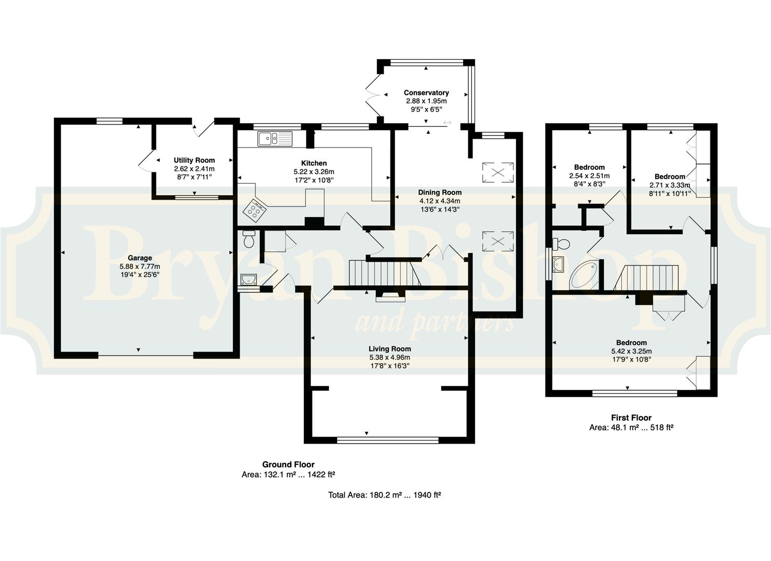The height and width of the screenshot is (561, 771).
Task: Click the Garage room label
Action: click(140, 258)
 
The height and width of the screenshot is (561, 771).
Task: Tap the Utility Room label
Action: click(194, 160)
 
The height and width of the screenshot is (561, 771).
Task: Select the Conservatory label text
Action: click(426, 92)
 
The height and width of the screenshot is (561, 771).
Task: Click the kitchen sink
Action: click(275, 139)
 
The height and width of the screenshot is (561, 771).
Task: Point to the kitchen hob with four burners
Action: click(255, 210)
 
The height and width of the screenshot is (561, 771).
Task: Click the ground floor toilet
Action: click(249, 239)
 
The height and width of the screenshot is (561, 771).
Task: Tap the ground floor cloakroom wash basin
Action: click(249, 279)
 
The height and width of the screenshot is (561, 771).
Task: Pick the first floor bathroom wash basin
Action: click(558, 264)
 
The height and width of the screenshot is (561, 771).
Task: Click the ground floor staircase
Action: click(385, 273)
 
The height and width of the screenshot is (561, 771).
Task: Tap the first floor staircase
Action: click(646, 277)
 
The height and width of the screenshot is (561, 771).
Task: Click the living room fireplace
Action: click(390, 296)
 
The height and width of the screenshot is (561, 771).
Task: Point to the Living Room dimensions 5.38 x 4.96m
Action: click(389, 357)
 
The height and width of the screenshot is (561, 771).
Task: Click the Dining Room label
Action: click(440, 193)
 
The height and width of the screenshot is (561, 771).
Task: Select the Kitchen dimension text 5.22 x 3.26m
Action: click(314, 171)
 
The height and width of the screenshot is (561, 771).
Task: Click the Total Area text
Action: click(385, 495)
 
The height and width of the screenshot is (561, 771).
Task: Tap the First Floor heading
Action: click(631, 418)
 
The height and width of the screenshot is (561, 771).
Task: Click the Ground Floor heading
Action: click(289, 464)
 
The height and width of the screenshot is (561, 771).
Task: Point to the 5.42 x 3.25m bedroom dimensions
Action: click(631, 351)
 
